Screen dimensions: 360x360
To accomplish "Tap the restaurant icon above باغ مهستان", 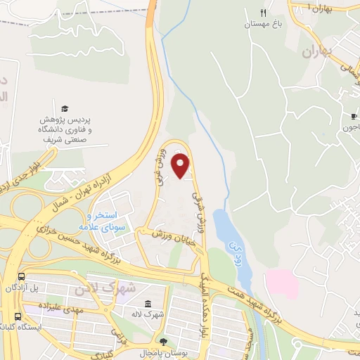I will (x=264, y=13).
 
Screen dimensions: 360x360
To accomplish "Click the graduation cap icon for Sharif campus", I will (x=65, y=109).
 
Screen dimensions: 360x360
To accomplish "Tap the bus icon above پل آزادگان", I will (x=21, y=277).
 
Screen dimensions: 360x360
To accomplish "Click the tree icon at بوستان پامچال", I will (x=164, y=341).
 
